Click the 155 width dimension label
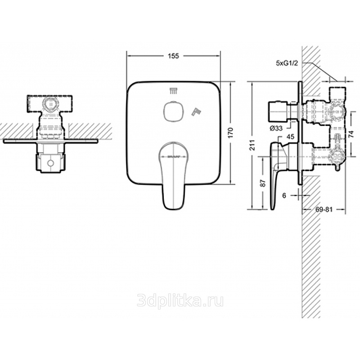[x=173, y=56]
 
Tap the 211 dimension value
[x=253, y=145]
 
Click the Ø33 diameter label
[x=276, y=128]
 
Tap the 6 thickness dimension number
[x=284, y=195]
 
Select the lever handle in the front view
[x=172, y=175]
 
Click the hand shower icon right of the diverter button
[x=197, y=110]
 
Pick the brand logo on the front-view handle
[x=172, y=157]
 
